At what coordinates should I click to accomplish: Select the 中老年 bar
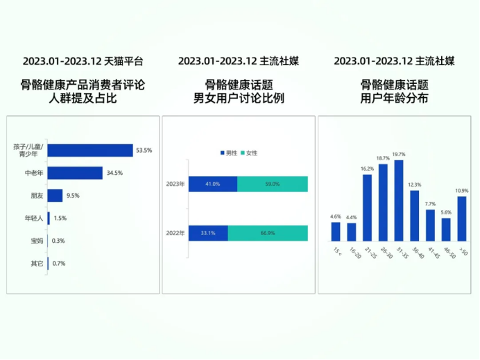pyautogui.click(x=76, y=173)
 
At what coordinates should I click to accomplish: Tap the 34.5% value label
pyautogui.click(x=114, y=173)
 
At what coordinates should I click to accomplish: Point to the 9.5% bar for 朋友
pyautogui.click(x=55, y=196)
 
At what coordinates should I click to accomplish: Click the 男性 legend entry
pyautogui.click(x=229, y=153)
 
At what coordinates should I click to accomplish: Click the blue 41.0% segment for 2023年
pyautogui.click(x=212, y=184)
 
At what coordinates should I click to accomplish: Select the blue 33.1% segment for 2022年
pyautogui.click(x=207, y=233)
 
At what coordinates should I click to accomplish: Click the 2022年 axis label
pyautogui.click(x=176, y=233)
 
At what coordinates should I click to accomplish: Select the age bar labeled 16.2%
pyautogui.click(x=367, y=207)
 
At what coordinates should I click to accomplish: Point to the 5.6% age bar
pyautogui.click(x=446, y=229)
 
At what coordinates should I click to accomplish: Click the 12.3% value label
pyautogui.click(x=415, y=185)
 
